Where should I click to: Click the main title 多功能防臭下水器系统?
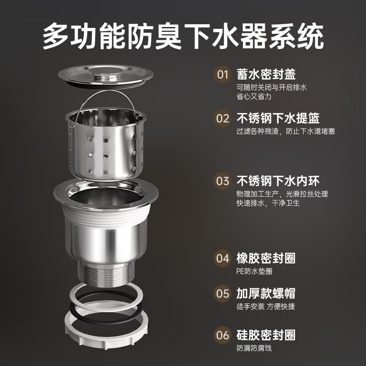[x=183, y=36]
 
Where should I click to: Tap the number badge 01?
[x=223, y=75]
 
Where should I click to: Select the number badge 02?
[x=223, y=119]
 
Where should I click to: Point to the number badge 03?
[x=223, y=181]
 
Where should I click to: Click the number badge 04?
[x=223, y=258]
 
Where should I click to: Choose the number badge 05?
[x=223, y=294]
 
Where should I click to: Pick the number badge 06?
[x=223, y=335]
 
